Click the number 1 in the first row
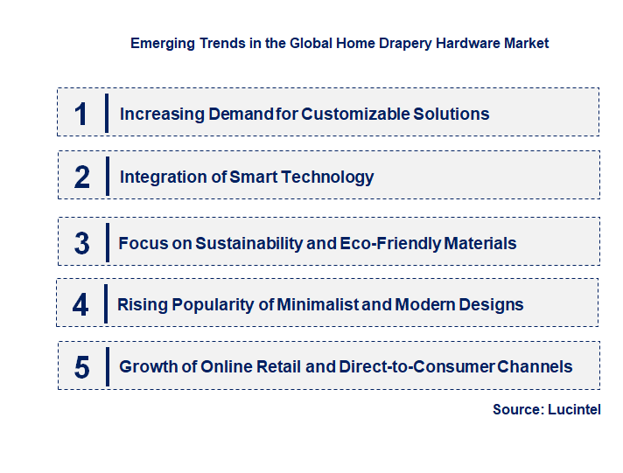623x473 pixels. coord(81,114)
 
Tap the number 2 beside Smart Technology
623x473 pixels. coord(82,177)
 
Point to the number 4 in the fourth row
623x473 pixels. coord(81,305)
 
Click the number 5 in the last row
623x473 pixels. coord(82,367)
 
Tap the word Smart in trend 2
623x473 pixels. coord(253,177)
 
